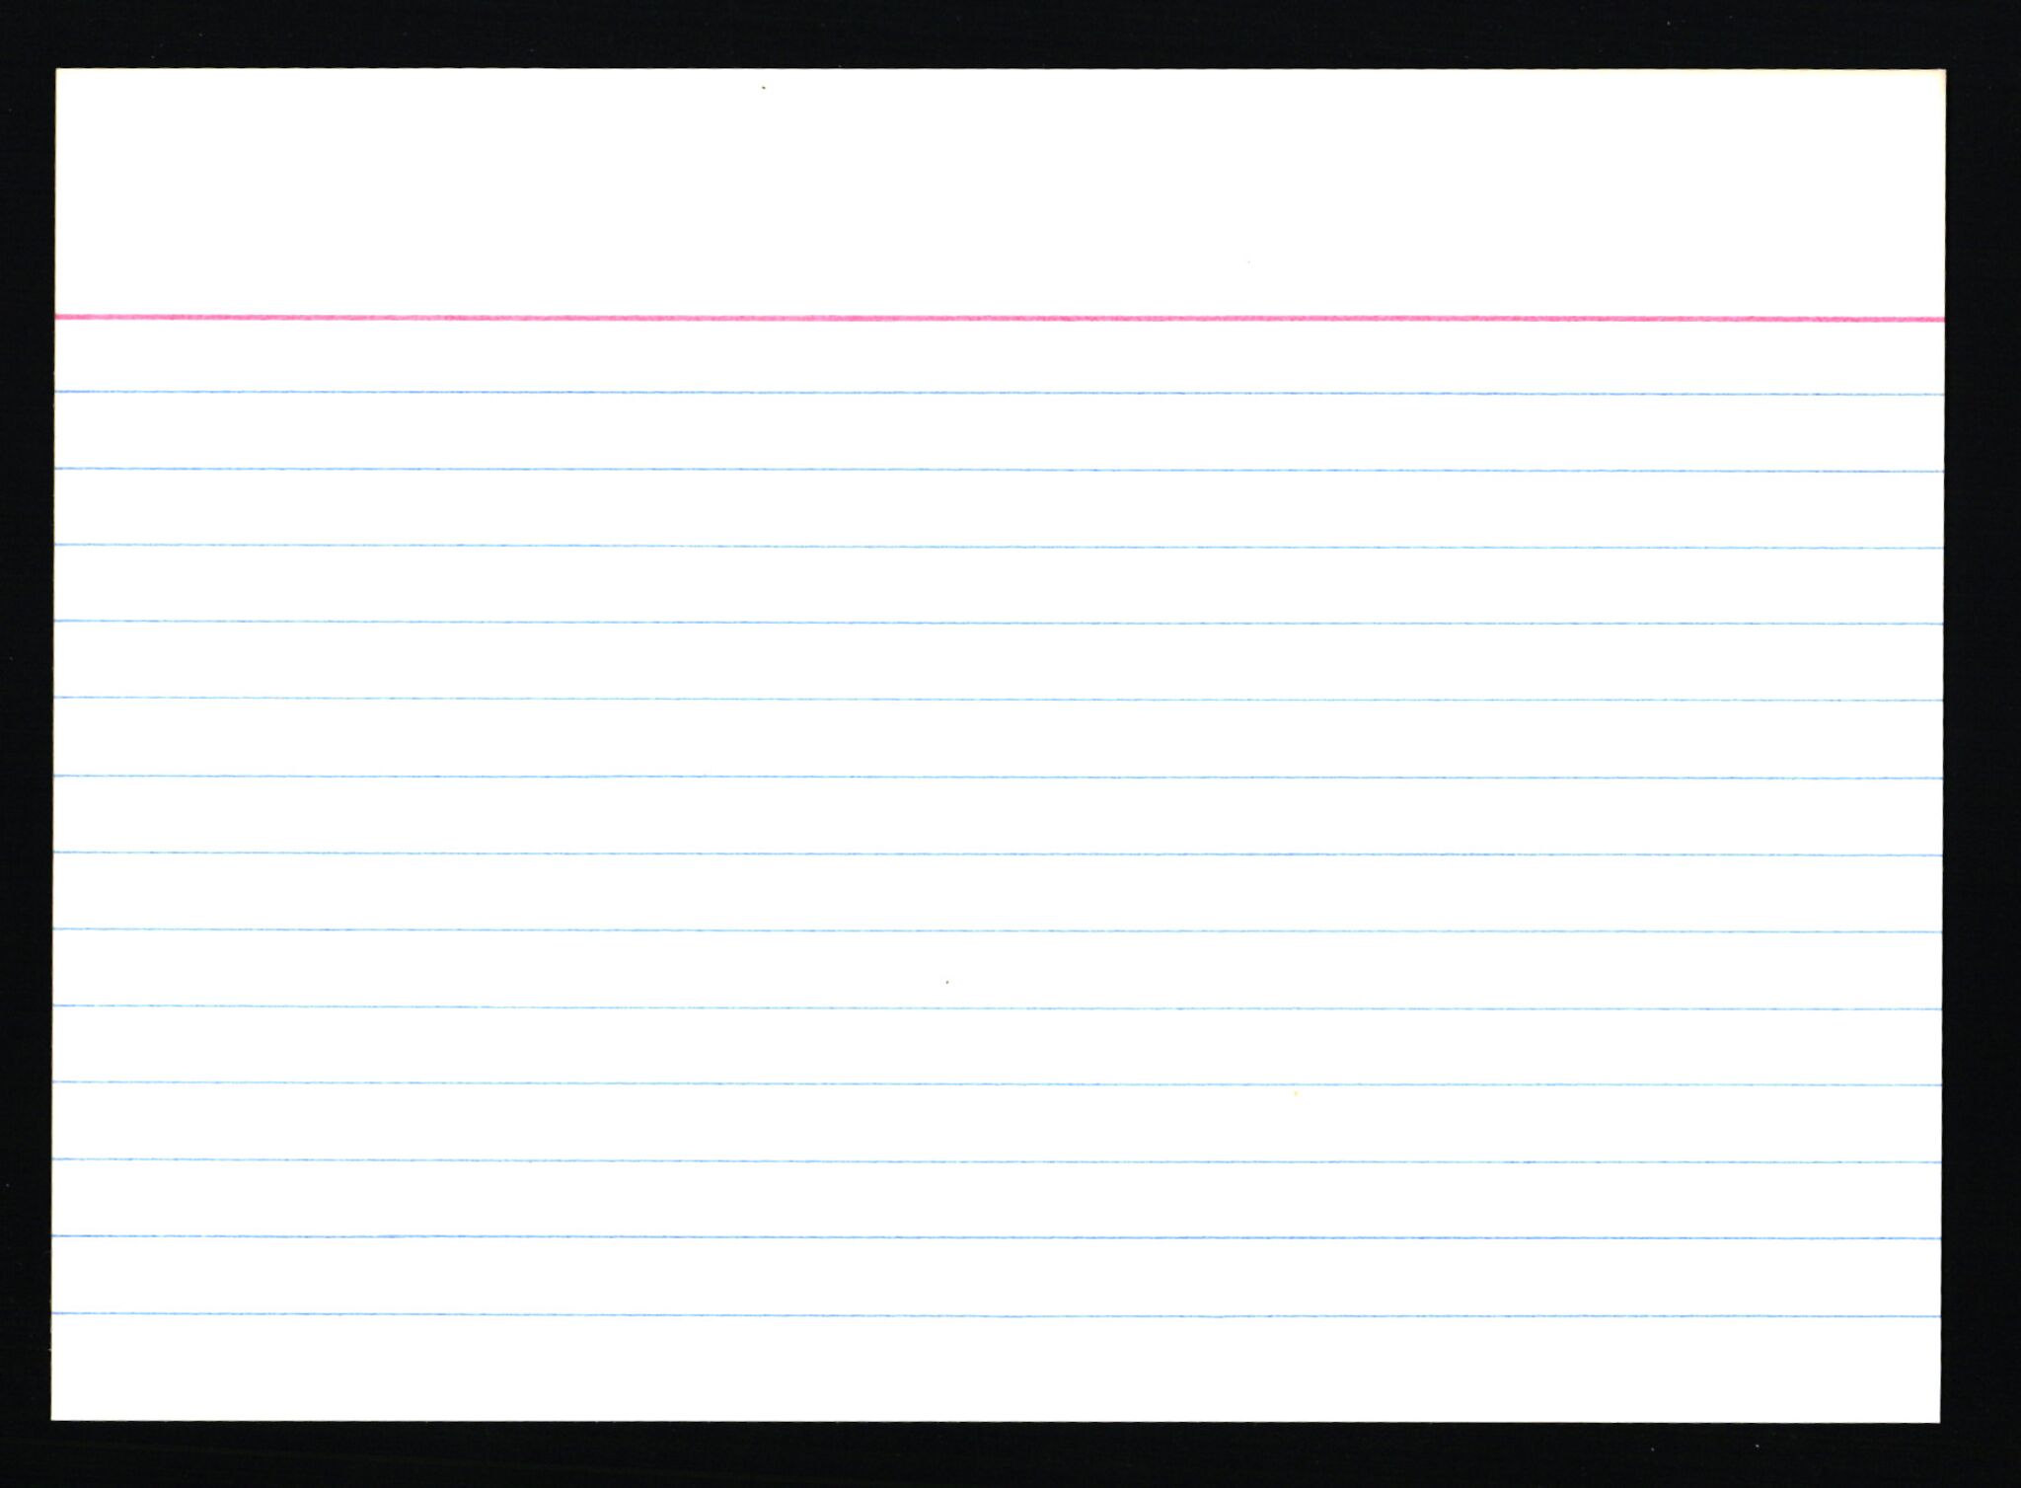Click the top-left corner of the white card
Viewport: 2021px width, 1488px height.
coord(57,70)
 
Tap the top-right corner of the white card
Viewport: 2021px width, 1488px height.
coord(1943,71)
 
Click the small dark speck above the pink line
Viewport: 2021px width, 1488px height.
coord(763,88)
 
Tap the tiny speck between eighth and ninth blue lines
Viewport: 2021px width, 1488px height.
coord(947,982)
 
